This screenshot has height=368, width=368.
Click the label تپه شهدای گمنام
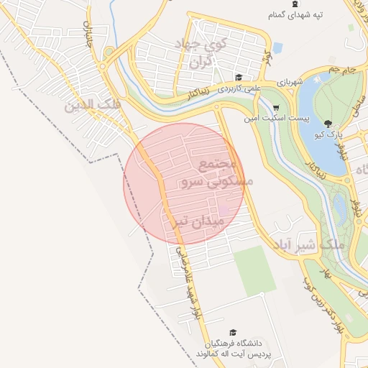click(295, 14)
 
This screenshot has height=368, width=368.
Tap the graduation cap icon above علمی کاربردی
click(238, 78)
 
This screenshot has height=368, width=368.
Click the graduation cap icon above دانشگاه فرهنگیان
click(232, 332)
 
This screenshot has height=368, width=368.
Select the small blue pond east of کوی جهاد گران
click(277, 49)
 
